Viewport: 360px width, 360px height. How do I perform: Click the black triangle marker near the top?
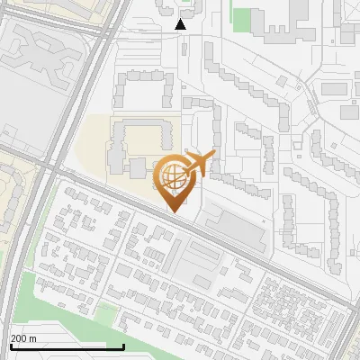181,24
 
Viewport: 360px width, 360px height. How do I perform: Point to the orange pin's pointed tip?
174,211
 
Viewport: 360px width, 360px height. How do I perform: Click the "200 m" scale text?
23,338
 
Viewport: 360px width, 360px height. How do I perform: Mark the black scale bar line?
67,346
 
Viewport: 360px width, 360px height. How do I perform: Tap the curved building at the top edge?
171,7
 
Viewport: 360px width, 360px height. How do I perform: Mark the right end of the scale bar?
123,346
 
